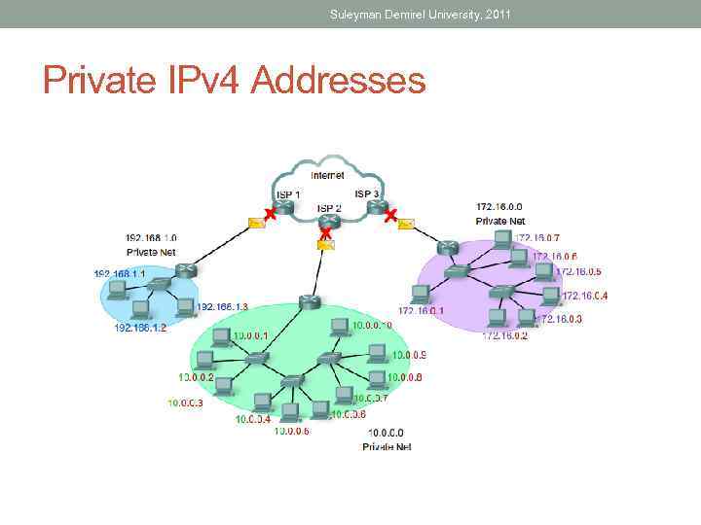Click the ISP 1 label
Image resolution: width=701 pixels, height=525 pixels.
point(287,194)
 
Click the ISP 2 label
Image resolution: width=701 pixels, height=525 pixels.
point(328,208)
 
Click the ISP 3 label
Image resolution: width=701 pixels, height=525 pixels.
point(366,194)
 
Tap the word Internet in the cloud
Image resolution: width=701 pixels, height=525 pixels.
point(327,175)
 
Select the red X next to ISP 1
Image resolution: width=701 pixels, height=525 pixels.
point(270,214)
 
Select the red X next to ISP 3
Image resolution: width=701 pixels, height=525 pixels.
point(389,215)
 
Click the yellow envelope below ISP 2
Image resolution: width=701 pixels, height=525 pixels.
point(325,246)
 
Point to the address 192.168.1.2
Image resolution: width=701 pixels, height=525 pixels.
point(140,328)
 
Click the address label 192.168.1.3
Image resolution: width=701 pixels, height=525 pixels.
point(223,306)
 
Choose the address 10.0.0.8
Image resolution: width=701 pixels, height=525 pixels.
point(405,377)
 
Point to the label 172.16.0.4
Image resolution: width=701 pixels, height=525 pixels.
point(585,296)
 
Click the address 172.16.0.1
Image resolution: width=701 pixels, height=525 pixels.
point(421,311)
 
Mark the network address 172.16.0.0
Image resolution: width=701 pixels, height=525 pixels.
point(498,206)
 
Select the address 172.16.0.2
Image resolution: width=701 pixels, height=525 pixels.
point(504,335)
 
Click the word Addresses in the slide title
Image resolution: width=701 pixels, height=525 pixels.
point(339,80)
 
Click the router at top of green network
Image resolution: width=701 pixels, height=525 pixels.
point(309,301)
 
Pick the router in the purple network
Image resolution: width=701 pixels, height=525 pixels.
point(447,248)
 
